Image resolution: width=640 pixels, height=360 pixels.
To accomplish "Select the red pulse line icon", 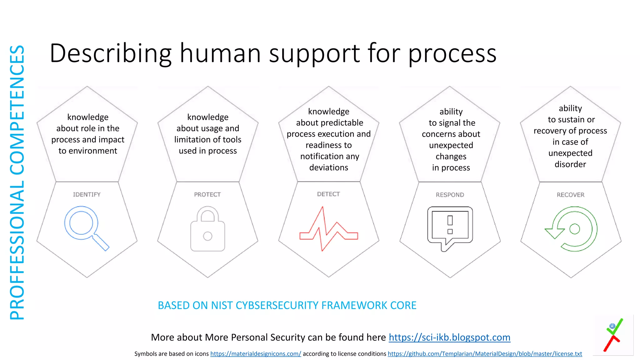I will click(x=328, y=229).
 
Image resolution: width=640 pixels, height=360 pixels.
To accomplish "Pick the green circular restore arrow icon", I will click(x=572, y=229).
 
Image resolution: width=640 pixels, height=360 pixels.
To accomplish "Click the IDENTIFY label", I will click(x=87, y=195).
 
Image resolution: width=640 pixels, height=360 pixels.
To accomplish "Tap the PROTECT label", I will click(x=207, y=195).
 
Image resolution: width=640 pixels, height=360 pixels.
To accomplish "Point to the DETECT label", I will click(x=328, y=194).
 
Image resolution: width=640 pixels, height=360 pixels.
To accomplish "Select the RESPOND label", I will click(x=450, y=195).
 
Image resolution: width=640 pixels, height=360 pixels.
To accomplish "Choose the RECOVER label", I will click(x=571, y=195).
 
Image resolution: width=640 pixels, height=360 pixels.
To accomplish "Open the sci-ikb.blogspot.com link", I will click(x=449, y=337).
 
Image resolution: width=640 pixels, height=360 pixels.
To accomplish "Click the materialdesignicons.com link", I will click(x=256, y=354).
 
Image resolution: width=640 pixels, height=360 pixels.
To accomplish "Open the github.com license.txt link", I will click(x=485, y=354).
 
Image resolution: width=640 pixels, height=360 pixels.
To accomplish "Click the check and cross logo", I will click(x=613, y=335).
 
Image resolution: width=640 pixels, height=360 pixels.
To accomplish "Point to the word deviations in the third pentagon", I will click(x=329, y=168).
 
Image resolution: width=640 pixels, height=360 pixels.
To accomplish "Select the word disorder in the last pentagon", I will click(x=570, y=164).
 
